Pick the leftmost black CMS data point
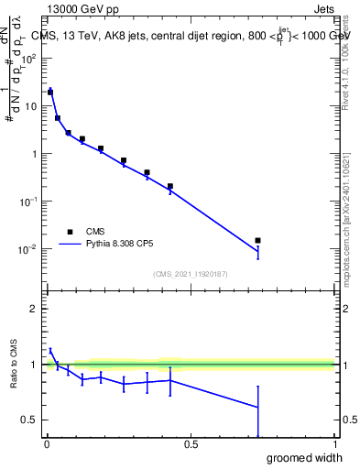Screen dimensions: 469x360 tap(50, 92)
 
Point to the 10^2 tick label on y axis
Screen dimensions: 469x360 tap(29, 58)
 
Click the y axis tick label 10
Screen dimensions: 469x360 tap(32, 105)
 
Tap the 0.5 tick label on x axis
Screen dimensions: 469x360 tap(191, 445)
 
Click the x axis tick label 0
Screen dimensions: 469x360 tap(46, 445)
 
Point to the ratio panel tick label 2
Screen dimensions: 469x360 tap(35, 309)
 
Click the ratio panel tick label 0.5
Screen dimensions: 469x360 tap(30, 420)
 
